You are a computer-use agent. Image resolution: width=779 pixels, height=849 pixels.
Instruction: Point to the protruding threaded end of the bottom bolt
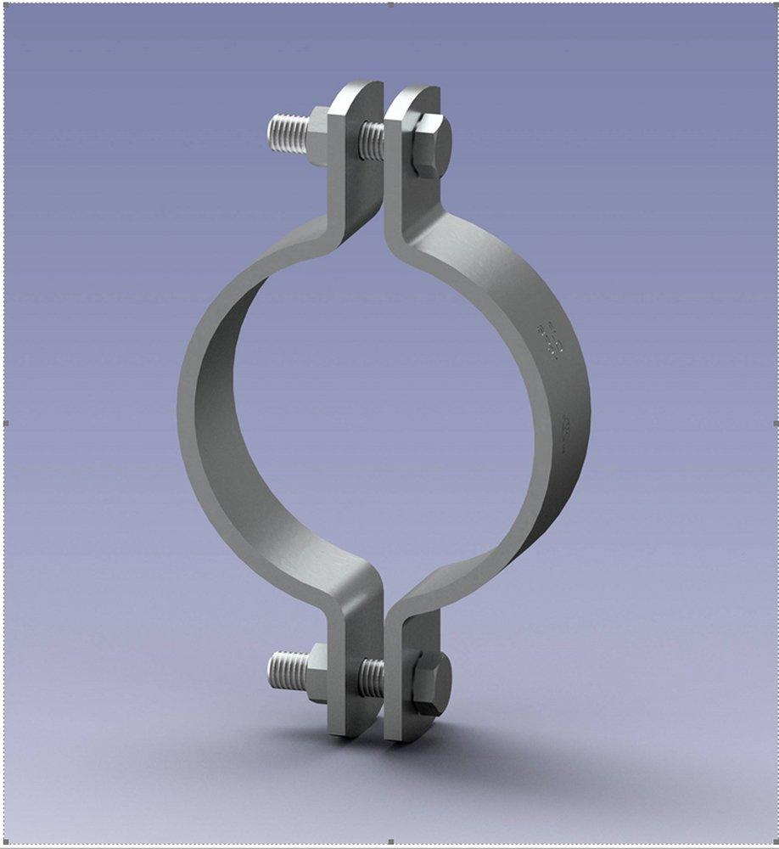point(287,670)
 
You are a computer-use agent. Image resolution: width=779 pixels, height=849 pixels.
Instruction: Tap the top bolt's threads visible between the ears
point(372,141)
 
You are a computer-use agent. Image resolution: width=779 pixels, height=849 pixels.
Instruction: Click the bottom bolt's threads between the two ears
point(372,678)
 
